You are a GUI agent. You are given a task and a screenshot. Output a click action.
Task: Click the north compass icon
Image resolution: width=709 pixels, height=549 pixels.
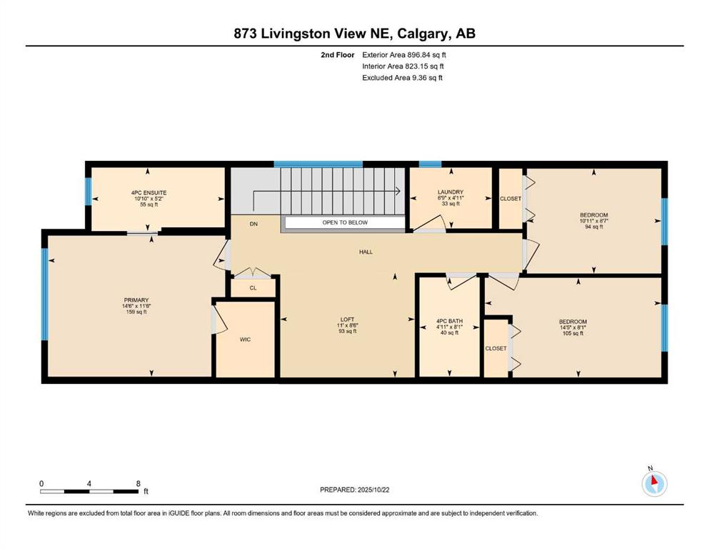(x=654, y=484)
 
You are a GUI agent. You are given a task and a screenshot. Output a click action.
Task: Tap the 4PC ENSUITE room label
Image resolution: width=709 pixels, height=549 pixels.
(x=149, y=193)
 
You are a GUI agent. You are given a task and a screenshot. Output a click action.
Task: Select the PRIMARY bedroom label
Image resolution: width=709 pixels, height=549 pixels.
(x=136, y=300)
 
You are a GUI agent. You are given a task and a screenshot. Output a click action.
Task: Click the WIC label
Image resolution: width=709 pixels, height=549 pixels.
(x=245, y=340)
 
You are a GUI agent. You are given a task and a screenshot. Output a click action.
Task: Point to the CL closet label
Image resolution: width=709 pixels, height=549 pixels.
(x=253, y=288)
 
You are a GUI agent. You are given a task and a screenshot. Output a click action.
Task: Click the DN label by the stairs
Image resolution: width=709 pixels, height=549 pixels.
(x=253, y=224)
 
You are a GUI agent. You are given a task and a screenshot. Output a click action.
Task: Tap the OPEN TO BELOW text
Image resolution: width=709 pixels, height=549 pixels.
(x=345, y=223)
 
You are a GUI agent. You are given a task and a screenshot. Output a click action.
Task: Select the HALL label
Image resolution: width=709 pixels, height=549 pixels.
(x=366, y=252)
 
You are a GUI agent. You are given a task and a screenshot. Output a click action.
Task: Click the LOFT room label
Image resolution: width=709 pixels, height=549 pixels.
(x=347, y=320)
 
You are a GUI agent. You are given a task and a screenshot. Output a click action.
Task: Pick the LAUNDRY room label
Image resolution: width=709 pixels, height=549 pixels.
(x=451, y=192)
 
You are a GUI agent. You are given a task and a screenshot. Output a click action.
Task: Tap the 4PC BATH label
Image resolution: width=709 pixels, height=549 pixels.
(x=449, y=322)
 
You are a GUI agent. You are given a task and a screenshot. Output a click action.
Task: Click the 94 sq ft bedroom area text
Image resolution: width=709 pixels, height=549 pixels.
(x=594, y=227)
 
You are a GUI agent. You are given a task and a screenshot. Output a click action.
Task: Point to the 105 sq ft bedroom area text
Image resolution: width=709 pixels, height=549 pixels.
(x=573, y=334)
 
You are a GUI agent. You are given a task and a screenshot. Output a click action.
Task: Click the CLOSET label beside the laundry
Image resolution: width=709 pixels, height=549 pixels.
(x=511, y=199)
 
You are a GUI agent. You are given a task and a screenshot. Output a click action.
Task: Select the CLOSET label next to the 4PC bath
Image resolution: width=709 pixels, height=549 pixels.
(x=496, y=349)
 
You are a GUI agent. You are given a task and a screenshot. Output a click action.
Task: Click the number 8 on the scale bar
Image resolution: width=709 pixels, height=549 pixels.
(x=139, y=483)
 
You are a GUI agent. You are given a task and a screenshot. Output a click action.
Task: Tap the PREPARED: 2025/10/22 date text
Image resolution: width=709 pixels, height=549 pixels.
(x=354, y=490)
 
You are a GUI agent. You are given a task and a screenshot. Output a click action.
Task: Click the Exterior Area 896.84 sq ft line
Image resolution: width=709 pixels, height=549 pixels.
(x=404, y=55)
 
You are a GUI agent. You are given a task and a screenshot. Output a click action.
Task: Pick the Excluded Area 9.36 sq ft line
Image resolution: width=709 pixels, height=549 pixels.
(x=403, y=77)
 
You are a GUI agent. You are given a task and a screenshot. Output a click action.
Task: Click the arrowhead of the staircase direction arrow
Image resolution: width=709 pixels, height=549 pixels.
(x=398, y=191)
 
